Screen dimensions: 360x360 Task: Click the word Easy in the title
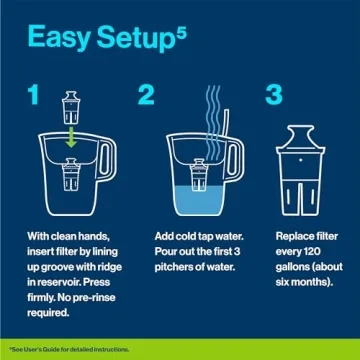[61, 41]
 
